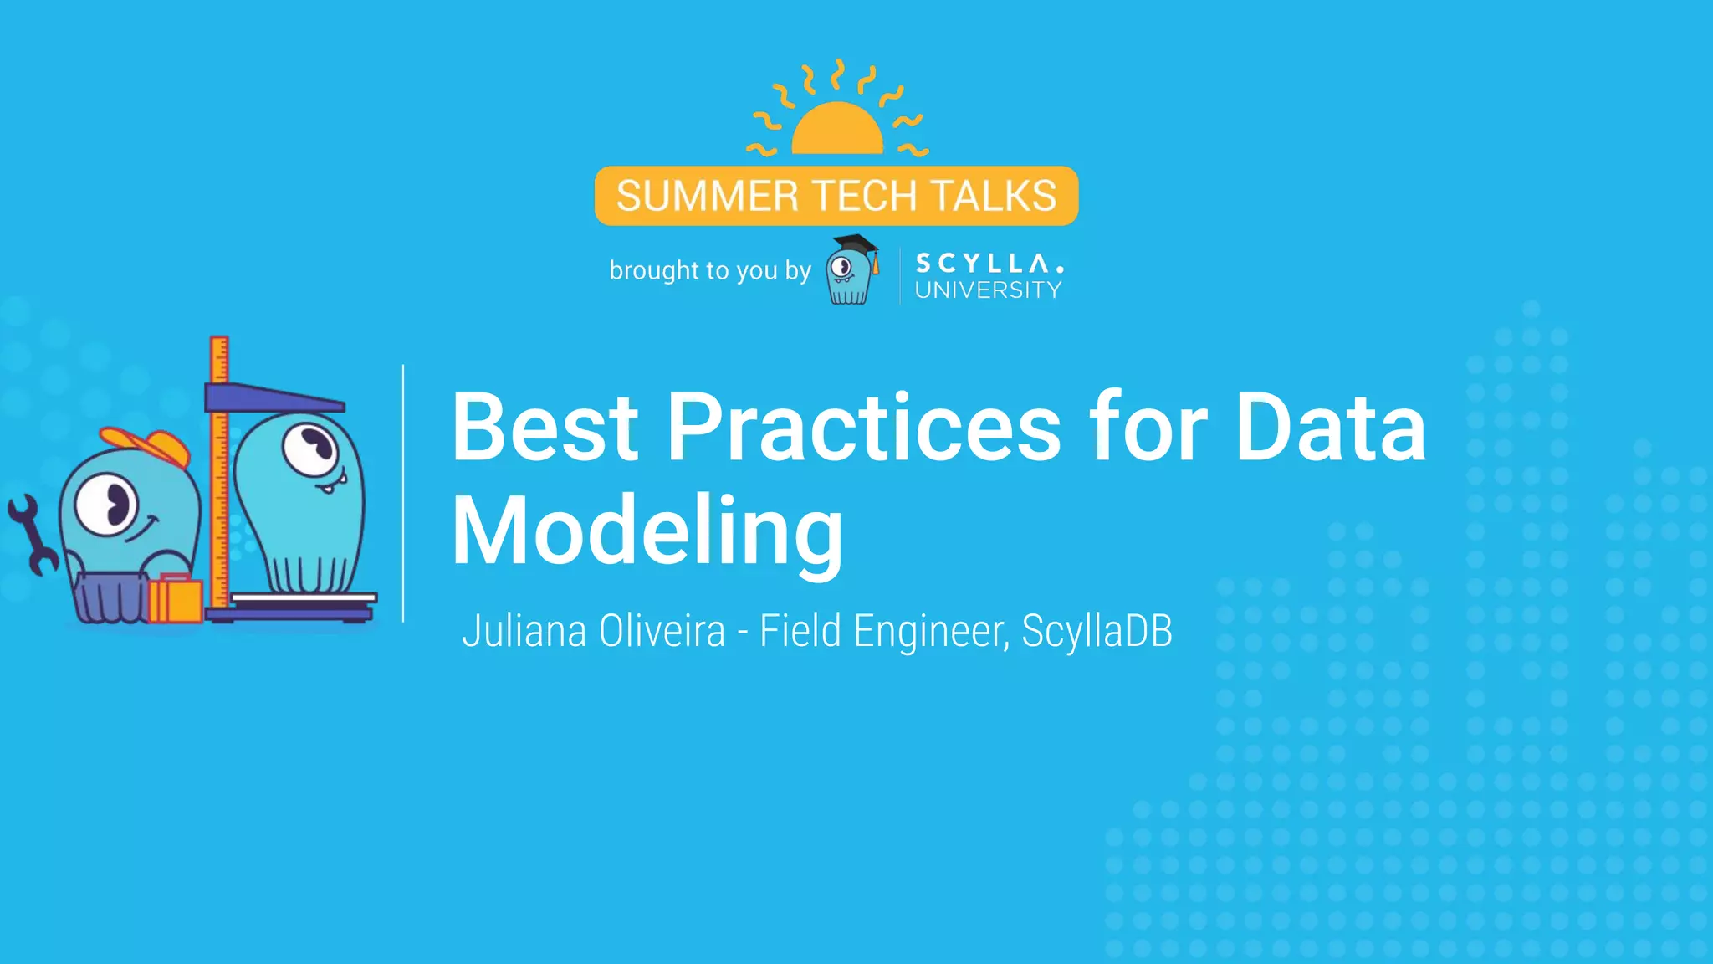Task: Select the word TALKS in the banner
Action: coord(994,197)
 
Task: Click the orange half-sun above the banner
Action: coord(836,130)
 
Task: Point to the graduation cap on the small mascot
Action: coord(856,245)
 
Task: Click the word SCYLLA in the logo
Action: coord(989,264)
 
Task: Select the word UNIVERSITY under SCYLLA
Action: coord(988,290)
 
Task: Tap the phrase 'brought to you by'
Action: coord(710,270)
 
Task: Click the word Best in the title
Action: coord(545,428)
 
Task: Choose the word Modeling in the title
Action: coord(647,531)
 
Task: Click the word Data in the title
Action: coord(1330,428)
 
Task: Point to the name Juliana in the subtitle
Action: coord(524,631)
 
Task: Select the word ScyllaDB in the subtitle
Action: coord(1097,631)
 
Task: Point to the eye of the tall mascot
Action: coord(309,448)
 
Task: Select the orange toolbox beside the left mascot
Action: coord(176,599)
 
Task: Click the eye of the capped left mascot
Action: coord(106,504)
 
